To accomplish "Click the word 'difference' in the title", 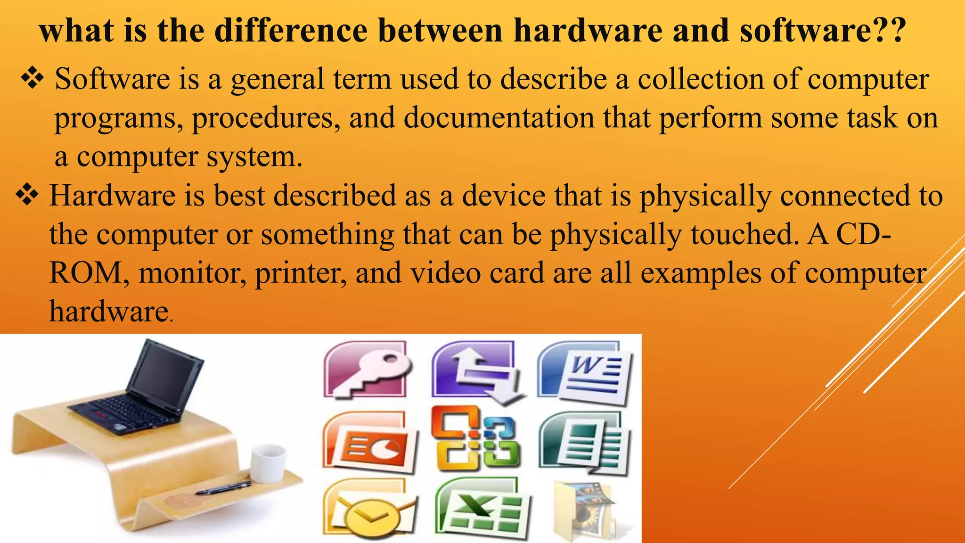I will (291, 31).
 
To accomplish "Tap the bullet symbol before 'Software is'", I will (32, 78).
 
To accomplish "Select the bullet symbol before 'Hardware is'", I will (27, 195).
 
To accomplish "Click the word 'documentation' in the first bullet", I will (499, 117).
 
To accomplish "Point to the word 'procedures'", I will (266, 117).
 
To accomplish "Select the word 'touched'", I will (745, 234).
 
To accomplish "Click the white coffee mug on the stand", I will (268, 463).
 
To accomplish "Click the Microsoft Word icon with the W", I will (585, 373).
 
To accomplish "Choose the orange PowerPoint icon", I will (370, 443).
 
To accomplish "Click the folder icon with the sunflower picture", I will (584, 512).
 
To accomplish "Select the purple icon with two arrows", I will (476, 370).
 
